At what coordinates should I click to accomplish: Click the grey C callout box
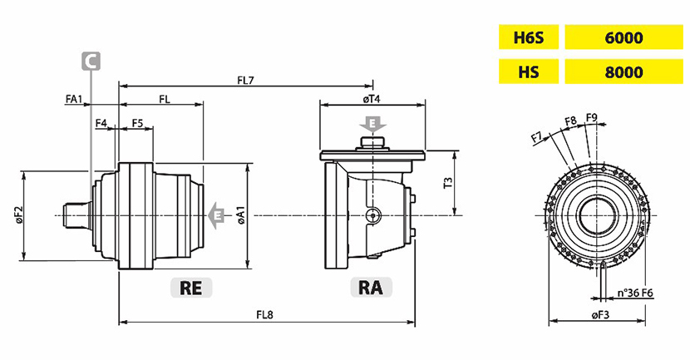(x=91, y=60)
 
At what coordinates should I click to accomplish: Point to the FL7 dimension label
(x=245, y=80)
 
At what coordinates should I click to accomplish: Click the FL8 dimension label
(x=266, y=315)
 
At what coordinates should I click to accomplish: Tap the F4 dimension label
(x=101, y=123)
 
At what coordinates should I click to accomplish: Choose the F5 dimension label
(x=138, y=123)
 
